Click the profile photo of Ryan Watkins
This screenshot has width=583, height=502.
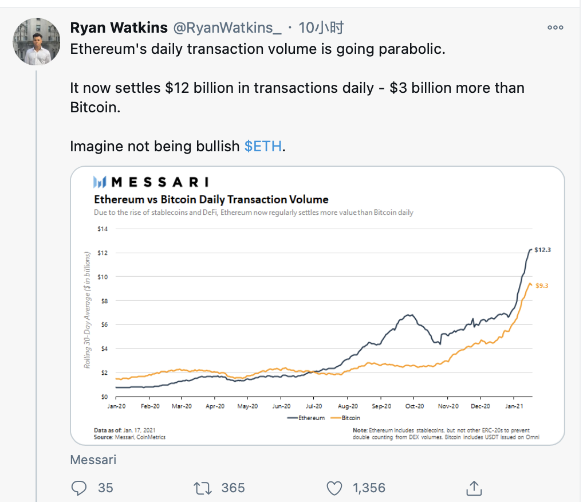[37, 41]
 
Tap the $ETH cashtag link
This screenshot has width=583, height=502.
[263, 146]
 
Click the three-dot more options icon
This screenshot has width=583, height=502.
[555, 28]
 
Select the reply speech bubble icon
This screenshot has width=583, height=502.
[78, 488]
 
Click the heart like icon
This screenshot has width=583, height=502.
[334, 488]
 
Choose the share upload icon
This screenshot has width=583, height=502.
[473, 488]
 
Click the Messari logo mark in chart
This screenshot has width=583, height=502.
[100, 182]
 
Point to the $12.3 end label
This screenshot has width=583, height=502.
[542, 250]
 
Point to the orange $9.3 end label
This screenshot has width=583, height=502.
[542, 285]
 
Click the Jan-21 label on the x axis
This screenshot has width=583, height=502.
[513, 406]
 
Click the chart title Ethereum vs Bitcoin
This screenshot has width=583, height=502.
[211, 199]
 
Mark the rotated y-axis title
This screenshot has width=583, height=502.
[88, 309]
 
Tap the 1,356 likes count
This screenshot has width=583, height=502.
[369, 488]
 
